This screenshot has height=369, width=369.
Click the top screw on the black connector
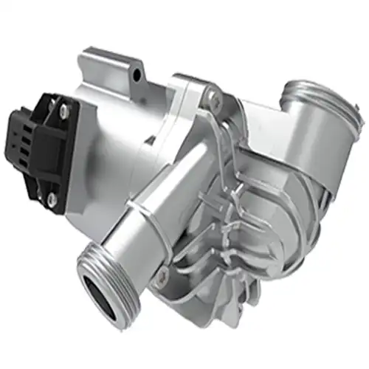click(64, 110)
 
